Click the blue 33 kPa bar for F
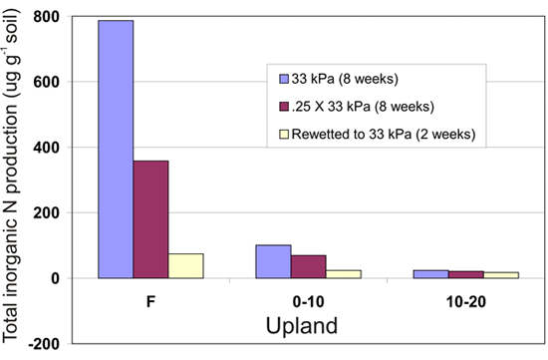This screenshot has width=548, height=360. point(116,150)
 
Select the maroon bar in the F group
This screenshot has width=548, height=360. point(150,219)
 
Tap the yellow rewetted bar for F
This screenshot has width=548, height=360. point(185,266)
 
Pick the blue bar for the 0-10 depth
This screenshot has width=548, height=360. point(273,261)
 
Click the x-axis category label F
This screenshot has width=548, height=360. point(150,300)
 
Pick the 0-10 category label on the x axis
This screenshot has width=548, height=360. point(308,300)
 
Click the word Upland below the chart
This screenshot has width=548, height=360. point(309,324)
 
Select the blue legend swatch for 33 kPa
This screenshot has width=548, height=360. point(283,78)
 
